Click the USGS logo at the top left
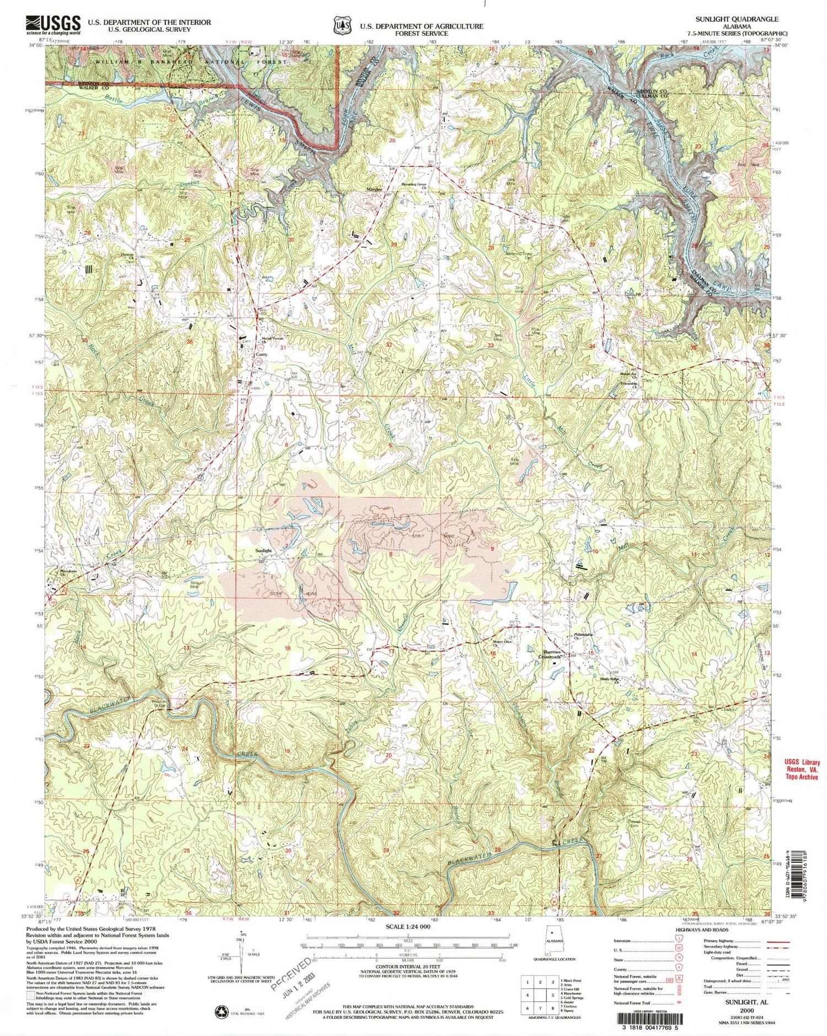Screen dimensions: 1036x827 pyautogui.click(x=52, y=24)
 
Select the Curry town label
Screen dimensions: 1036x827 pyautogui.click(x=261, y=355)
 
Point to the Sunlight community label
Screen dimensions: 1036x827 pyautogui.click(x=263, y=551)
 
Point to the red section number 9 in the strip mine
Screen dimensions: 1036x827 pyautogui.click(x=492, y=549)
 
